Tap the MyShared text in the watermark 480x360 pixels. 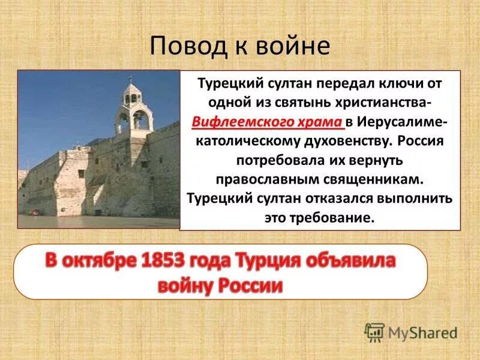click(422, 332)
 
